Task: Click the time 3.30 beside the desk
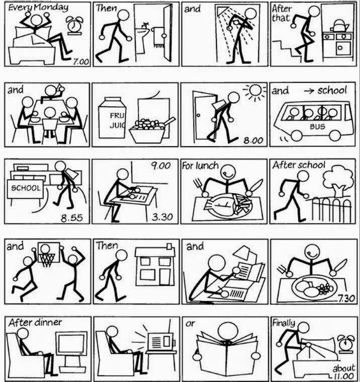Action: pyautogui.click(x=162, y=218)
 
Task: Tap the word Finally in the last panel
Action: pyautogui.click(x=284, y=322)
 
